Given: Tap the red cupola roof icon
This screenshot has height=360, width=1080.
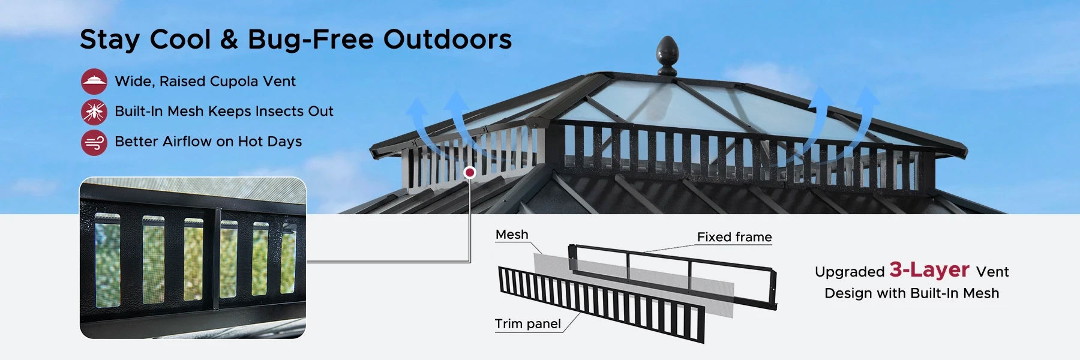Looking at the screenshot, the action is point(94,81).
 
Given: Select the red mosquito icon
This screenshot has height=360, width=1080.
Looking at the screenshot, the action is point(94,112).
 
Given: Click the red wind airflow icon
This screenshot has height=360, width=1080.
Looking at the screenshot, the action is point(94,142).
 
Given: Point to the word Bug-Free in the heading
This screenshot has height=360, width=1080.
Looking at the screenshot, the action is point(311,40).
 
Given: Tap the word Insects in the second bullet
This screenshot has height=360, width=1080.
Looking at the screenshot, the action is point(280,111).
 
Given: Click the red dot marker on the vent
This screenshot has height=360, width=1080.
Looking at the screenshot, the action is point(470,173).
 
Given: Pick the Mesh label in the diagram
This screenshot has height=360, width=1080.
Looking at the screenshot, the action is point(512,235).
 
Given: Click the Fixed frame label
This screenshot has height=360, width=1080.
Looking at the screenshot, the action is point(734,237).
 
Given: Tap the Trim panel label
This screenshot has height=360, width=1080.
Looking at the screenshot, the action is point(528,324).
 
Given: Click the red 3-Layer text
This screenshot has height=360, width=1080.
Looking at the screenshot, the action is point(929,270).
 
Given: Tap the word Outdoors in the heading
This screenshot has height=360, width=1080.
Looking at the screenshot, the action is point(448,40).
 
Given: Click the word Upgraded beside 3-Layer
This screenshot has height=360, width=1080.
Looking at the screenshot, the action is point(850,272).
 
